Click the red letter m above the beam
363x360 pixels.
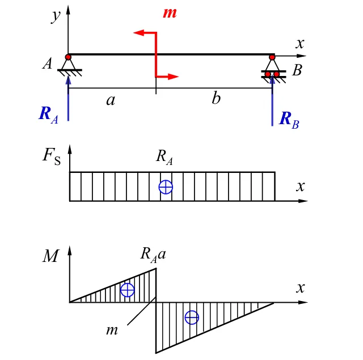(170, 12)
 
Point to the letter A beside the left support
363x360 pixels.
(48, 63)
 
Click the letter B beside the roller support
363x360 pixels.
(297, 71)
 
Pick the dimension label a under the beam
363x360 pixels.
(111, 100)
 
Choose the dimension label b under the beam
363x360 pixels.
(216, 99)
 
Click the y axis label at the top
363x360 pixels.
(56, 15)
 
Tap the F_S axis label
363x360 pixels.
(51, 156)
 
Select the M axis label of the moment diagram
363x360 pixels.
(50, 256)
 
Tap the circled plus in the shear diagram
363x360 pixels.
(166, 187)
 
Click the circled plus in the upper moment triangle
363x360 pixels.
(128, 290)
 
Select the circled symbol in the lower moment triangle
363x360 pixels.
(192, 317)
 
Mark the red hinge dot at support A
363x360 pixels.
(68, 57)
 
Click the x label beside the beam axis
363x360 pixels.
(301, 43)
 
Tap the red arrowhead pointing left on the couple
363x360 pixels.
(138, 33)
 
